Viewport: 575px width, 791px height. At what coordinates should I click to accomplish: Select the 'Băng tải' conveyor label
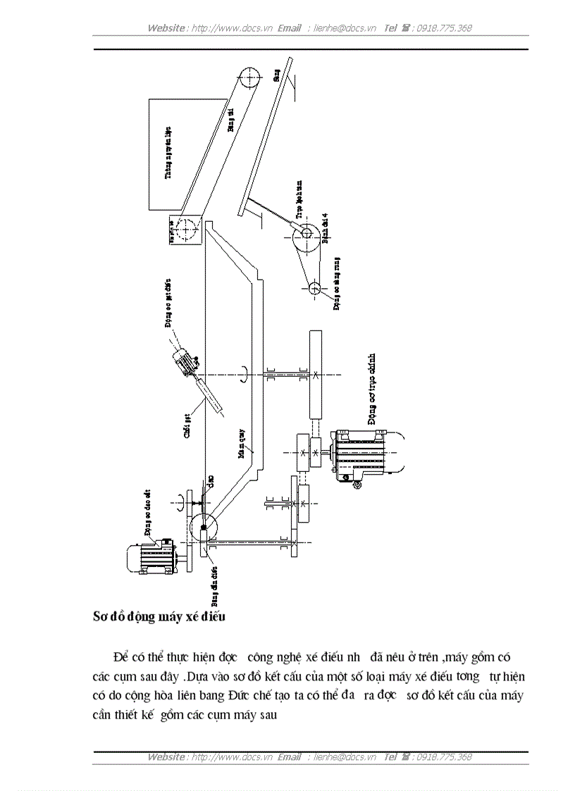click(x=230, y=119)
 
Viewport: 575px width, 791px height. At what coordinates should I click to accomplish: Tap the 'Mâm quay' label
click(x=243, y=448)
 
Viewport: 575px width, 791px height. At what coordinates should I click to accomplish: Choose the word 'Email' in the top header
click(x=290, y=28)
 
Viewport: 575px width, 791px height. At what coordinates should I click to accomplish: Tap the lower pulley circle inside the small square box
click(x=187, y=230)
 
